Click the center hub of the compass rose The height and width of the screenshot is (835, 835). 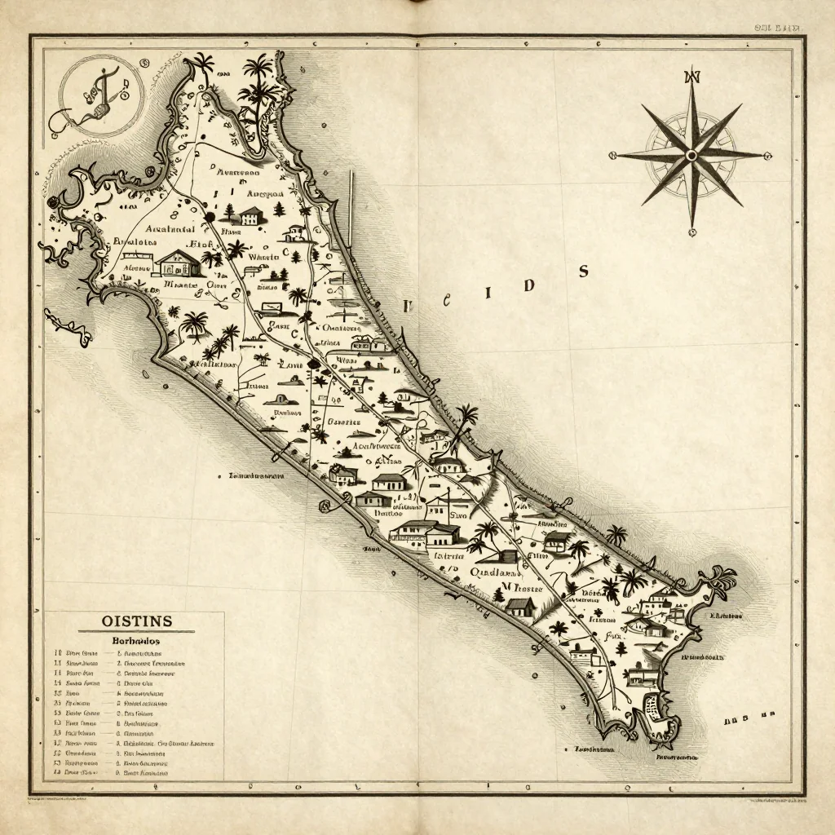coord(691,154)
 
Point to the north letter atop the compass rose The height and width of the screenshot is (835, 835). coord(692,78)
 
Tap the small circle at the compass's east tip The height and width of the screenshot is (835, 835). coord(767,155)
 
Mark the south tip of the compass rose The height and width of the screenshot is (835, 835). coord(691,232)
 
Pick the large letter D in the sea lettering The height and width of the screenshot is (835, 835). coord(528,285)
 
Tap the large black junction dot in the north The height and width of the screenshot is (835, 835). coord(210,216)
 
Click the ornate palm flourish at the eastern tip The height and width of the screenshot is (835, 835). coord(719,580)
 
